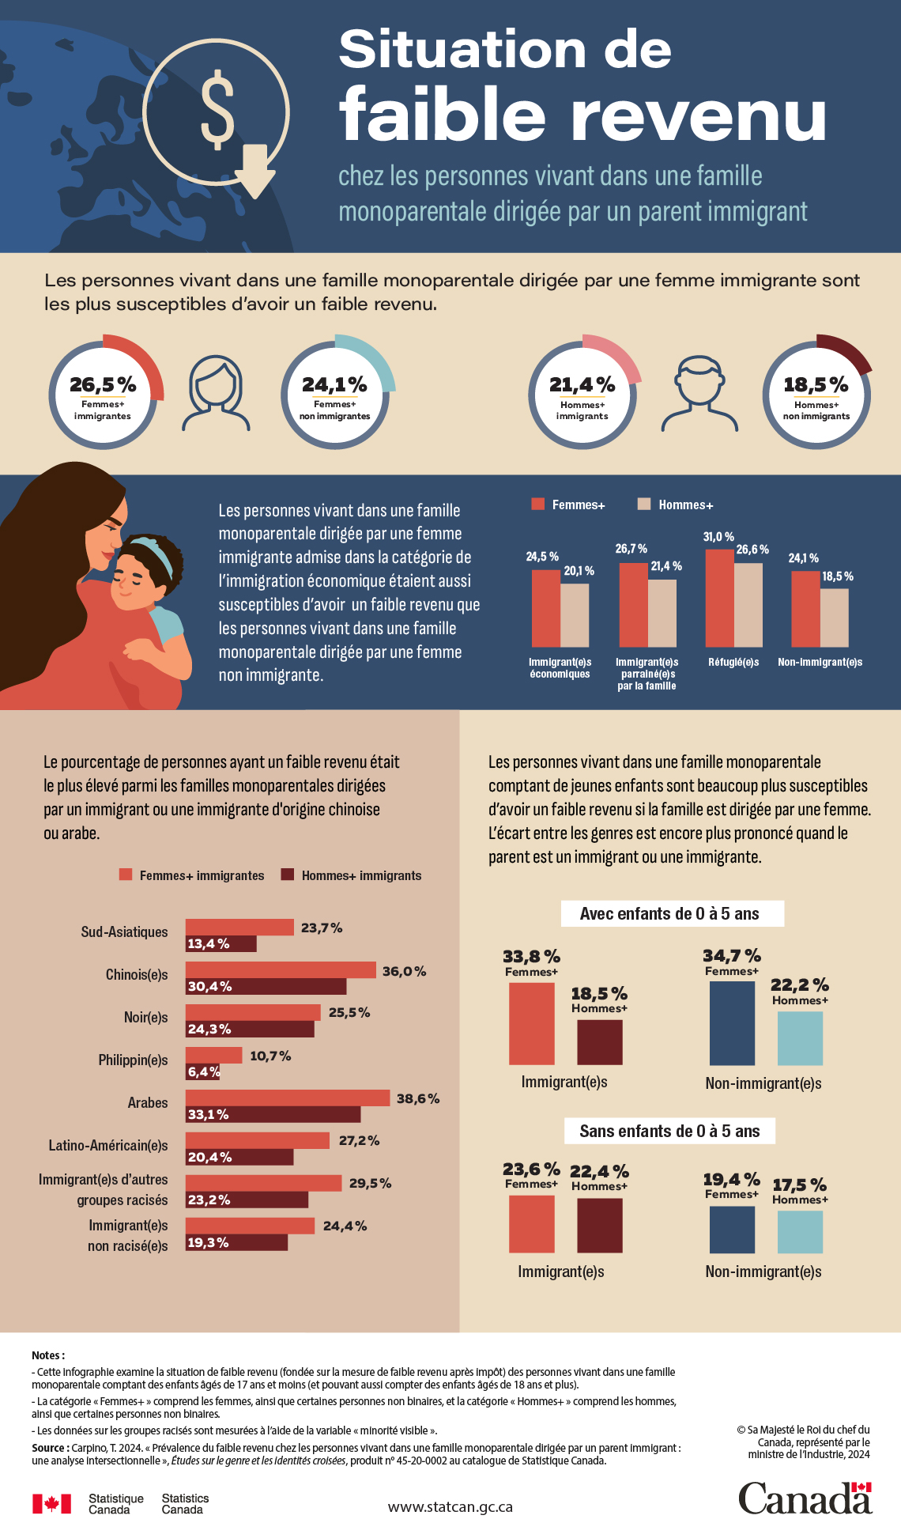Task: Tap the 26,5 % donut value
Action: (x=103, y=385)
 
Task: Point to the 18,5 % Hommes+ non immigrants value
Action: (x=816, y=385)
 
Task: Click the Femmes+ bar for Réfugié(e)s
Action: (x=719, y=598)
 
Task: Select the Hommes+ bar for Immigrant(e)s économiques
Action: (x=575, y=615)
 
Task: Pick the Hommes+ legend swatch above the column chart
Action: (x=644, y=504)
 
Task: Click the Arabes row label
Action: (x=148, y=1102)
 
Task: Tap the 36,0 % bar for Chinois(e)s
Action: (x=281, y=970)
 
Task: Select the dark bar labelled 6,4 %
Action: (x=202, y=1072)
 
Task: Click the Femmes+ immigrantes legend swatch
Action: (x=126, y=875)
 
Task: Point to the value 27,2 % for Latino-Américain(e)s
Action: (x=359, y=1140)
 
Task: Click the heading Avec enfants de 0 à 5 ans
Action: (x=671, y=914)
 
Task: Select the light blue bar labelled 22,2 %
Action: (x=800, y=1038)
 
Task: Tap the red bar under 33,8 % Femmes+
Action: (x=531, y=1023)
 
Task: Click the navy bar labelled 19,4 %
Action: (x=732, y=1230)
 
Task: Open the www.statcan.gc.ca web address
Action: (x=450, y=1507)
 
